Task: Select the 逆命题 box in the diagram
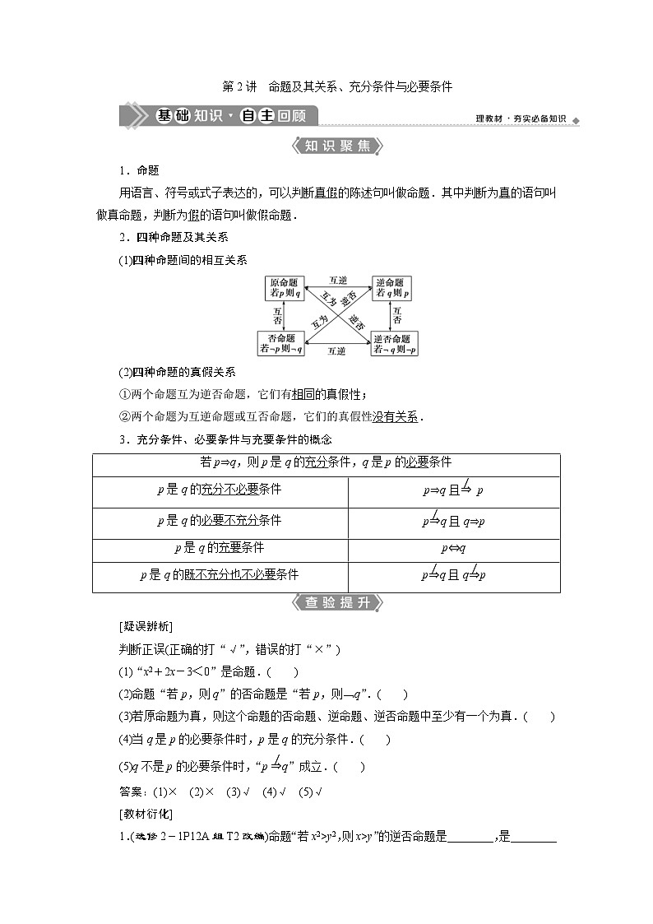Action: pos(391,287)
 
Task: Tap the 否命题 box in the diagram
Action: pos(281,343)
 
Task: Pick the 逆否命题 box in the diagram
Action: pos(393,343)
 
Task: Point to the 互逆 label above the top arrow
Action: pos(337,280)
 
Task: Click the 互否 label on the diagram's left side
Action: pos(277,315)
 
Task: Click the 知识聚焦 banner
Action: pos(326,146)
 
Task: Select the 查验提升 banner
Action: pos(326,602)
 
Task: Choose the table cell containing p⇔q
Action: pos(454,547)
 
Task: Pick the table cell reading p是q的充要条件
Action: pos(220,547)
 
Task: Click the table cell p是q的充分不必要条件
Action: pos(220,490)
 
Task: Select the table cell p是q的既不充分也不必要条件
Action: pos(220,575)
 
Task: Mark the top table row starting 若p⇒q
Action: pos(326,462)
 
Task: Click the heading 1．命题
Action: pos(140,170)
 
